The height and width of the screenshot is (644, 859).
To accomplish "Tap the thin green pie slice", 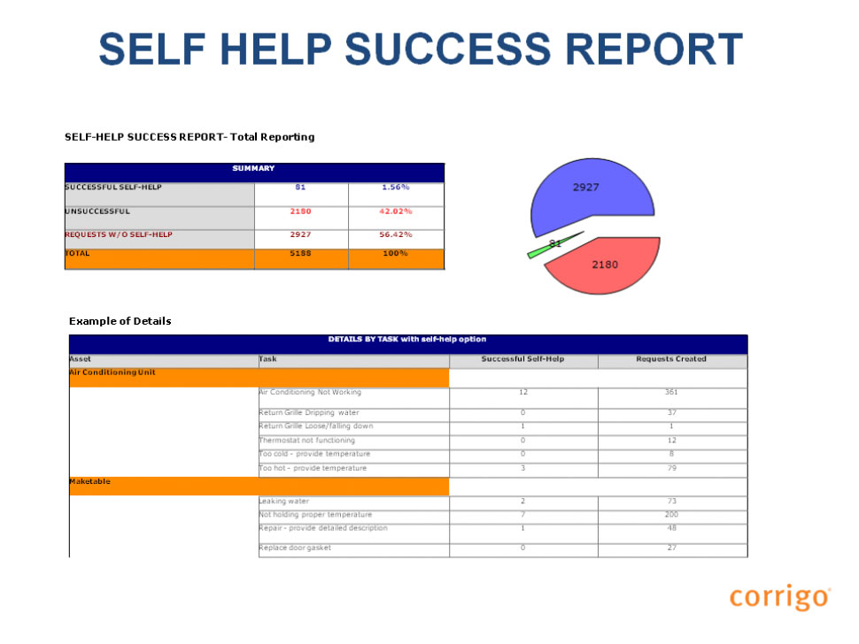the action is point(553,245).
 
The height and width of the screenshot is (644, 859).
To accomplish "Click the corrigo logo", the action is point(780,596).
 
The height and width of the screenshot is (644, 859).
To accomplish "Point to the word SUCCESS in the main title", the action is point(447,49).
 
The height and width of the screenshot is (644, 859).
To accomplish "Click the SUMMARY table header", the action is point(253,169).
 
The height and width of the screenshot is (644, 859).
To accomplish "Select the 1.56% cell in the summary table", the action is point(396,188).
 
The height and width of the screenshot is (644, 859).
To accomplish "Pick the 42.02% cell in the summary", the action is point(396,211).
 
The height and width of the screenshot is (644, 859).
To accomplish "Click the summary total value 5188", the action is point(300,253).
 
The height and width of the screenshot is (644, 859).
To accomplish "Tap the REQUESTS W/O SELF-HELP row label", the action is point(119,234).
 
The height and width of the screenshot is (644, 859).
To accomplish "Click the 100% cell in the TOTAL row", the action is point(395,253).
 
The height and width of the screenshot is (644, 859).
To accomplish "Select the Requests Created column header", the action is point(671,359).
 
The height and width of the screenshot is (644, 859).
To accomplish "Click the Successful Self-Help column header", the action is point(522,359).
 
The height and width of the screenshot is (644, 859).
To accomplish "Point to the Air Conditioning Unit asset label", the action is point(112,372).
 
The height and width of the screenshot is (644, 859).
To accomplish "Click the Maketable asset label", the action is point(89,481).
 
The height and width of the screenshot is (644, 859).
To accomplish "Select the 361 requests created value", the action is point(671,392).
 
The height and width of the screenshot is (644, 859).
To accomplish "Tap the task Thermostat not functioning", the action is point(306,440).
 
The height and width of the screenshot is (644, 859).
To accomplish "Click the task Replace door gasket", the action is point(295,548).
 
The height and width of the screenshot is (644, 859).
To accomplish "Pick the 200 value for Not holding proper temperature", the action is point(671,514).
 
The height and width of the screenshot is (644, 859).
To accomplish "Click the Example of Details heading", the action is point(120,321).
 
